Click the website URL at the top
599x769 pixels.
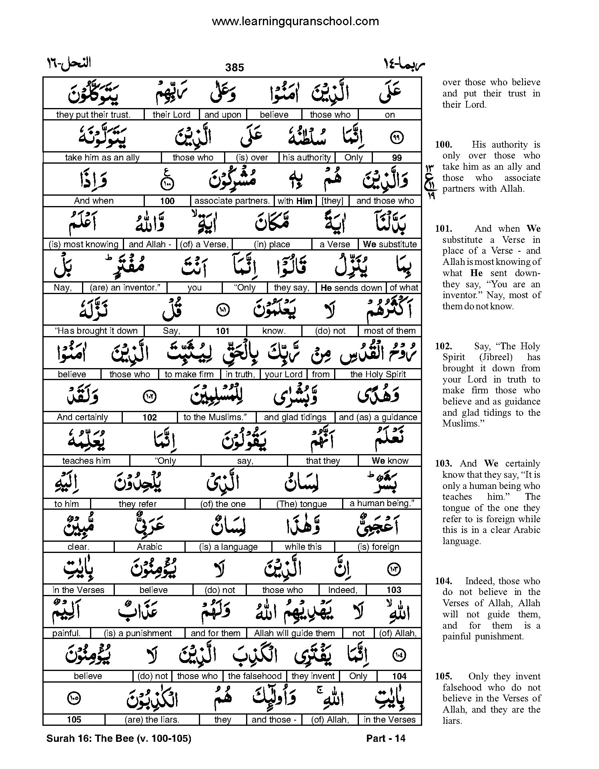point(295,21)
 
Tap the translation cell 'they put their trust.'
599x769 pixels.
point(93,115)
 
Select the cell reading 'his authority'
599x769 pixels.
point(307,158)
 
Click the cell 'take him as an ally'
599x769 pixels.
point(102,158)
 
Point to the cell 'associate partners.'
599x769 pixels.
point(232,201)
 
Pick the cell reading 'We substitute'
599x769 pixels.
point(390,244)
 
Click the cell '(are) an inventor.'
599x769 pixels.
point(125,288)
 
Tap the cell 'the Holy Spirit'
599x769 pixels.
point(378,374)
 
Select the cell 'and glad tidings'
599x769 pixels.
point(295,417)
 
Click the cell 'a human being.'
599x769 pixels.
point(382,504)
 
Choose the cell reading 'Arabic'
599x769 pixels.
point(149,547)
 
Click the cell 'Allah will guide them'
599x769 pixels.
point(294,633)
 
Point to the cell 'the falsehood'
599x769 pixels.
point(254,676)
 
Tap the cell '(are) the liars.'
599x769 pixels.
point(152,720)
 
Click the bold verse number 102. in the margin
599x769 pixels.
point(443,346)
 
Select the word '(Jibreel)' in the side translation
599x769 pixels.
point(496,357)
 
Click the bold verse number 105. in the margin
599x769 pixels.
point(443,677)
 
